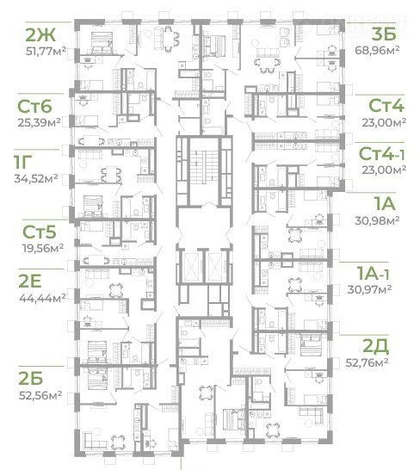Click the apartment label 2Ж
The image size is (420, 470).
click(40, 34)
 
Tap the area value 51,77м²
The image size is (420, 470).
click(46, 51)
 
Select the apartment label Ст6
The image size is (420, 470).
click(34, 107)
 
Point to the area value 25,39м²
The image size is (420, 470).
click(39, 122)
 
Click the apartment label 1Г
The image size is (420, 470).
click(22, 162)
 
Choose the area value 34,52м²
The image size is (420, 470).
click(36, 179)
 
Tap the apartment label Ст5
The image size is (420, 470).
click(40, 232)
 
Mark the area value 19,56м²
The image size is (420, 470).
click(43, 248)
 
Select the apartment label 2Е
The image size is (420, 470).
click(30, 281)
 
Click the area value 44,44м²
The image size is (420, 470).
click(42, 298)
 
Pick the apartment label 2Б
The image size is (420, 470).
click(31, 379)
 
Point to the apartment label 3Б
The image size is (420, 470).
click(384, 34)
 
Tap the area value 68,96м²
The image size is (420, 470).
click(377, 50)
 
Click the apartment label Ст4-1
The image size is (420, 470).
click(381, 154)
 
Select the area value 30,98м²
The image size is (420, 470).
click(377, 220)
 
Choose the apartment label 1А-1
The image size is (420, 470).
click(373, 273)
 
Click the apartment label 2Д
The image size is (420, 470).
click(376, 346)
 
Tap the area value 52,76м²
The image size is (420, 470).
click(367, 362)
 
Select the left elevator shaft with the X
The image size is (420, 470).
click(192, 267)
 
